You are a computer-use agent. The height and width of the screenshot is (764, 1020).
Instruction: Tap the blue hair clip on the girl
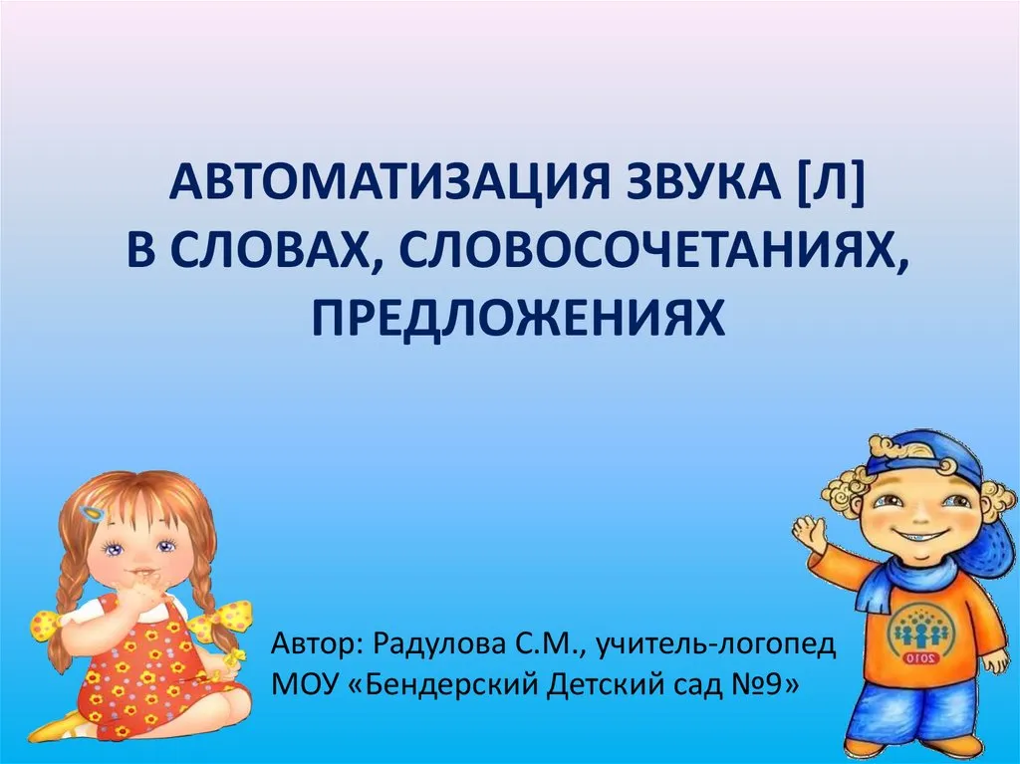(94, 513)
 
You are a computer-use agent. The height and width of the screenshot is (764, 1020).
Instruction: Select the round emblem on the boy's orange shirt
(917, 635)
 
